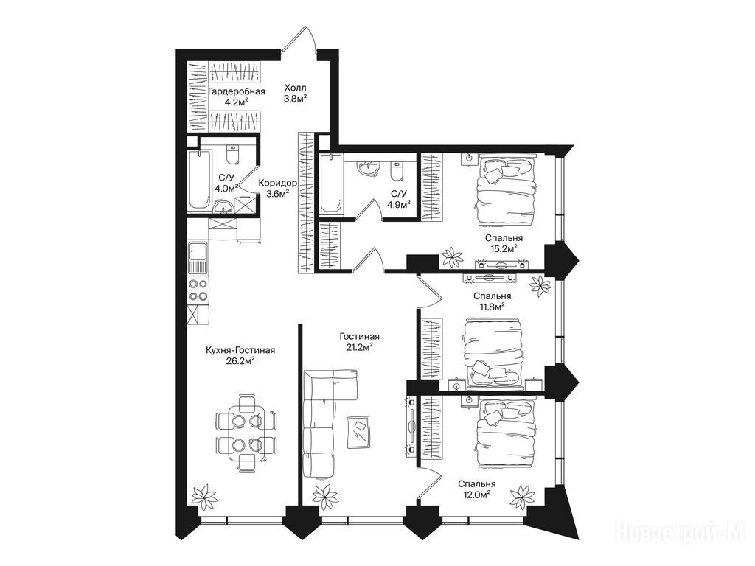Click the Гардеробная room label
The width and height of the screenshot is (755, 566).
237,91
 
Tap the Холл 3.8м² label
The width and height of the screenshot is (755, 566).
295,93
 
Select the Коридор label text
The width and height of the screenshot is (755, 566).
277,183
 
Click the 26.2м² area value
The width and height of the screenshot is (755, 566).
240,360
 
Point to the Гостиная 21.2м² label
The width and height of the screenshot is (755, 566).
359,341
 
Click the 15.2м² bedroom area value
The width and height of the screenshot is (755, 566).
503,248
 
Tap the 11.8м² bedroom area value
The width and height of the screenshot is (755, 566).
492,306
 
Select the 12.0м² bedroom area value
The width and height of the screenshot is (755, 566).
477,494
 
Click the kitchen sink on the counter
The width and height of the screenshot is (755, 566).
198,257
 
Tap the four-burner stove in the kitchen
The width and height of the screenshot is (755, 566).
198,290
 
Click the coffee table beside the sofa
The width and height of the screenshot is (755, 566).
359,431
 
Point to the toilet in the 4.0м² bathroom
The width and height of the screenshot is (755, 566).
232,155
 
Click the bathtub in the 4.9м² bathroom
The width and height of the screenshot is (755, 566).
331,184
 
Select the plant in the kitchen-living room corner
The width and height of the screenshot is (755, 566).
205,497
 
